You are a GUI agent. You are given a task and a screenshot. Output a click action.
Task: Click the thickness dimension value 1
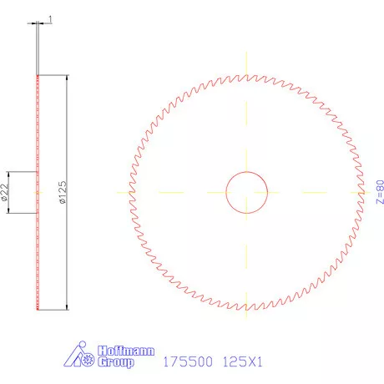51,18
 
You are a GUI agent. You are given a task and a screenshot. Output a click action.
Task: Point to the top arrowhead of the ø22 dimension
10,174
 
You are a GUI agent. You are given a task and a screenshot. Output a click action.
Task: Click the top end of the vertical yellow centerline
246,52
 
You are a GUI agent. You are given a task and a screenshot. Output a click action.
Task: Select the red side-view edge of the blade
37,250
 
